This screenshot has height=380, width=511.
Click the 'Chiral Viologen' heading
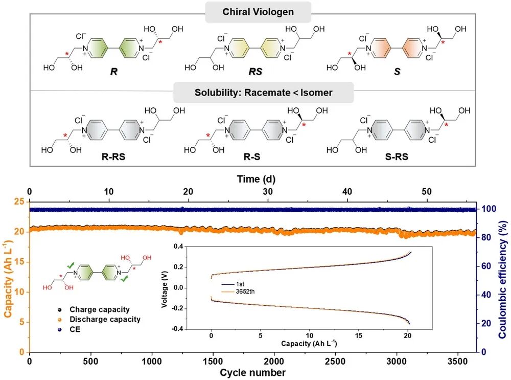(x=258, y=12)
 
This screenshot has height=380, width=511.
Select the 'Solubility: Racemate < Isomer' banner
(x=263, y=93)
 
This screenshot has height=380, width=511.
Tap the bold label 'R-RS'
(x=113, y=157)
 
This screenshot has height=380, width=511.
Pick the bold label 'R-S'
(x=252, y=157)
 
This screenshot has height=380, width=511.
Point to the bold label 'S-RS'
(x=397, y=157)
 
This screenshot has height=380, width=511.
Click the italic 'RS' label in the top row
(x=255, y=72)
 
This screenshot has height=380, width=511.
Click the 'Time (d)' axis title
(x=256, y=179)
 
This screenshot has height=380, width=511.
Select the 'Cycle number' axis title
(x=252, y=372)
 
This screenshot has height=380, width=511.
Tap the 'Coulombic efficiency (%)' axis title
(x=503, y=280)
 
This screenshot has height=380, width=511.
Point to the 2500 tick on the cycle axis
(x=335, y=362)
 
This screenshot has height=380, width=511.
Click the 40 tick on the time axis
(x=347, y=191)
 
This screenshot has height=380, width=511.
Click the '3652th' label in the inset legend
(x=245, y=292)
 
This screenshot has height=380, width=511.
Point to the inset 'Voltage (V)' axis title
(x=165, y=289)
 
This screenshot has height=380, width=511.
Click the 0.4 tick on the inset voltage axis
(x=178, y=247)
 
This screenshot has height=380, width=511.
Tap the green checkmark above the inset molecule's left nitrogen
(x=71, y=265)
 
